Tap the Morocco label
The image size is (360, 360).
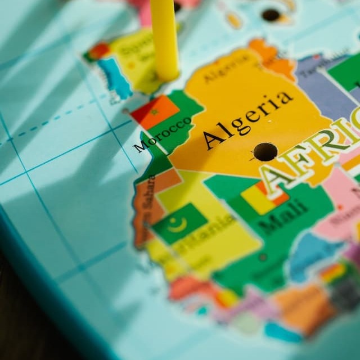pyautogui.click(x=163, y=134)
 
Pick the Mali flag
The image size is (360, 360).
pyautogui.click(x=262, y=198)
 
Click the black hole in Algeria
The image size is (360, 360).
pyautogui.click(x=265, y=151)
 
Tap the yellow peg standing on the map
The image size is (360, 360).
pyautogui.click(x=164, y=39)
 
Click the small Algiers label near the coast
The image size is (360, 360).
pyautogui.click(x=219, y=73)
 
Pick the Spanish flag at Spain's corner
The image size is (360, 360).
pyautogui.click(x=97, y=52)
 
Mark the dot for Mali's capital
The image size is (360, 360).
pyautogui.click(x=262, y=258)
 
